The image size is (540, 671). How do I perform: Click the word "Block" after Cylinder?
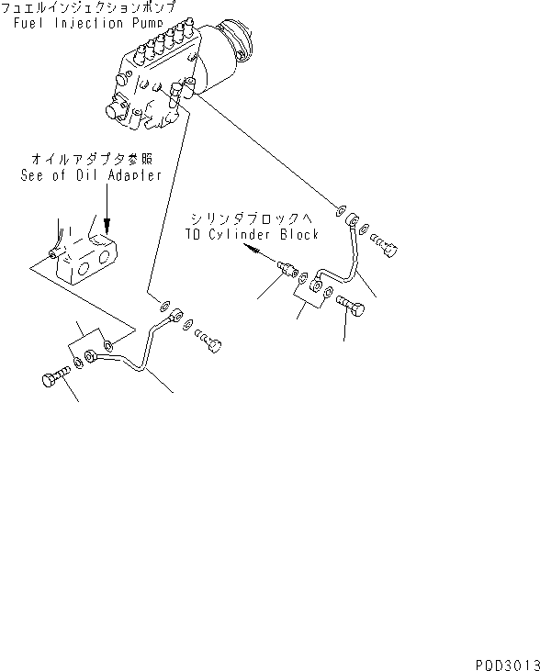[299, 235]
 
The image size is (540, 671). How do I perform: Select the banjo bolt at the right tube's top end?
[388, 245]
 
